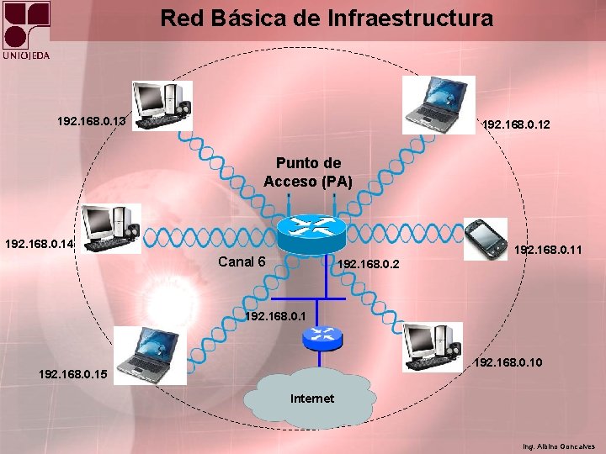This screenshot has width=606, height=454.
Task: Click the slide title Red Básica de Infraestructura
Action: [x=327, y=18]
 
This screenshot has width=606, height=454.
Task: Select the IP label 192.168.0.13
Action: [x=92, y=121]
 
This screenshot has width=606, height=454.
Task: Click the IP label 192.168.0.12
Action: [x=515, y=125]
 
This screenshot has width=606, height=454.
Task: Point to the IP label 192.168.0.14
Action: [x=40, y=245]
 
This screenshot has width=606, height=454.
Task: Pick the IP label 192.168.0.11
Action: [x=548, y=250]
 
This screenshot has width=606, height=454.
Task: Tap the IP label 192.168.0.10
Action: [x=508, y=363]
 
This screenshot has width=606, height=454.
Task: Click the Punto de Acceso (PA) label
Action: [x=308, y=172]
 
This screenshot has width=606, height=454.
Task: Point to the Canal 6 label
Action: [x=242, y=261]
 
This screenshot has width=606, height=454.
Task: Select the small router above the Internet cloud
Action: [x=322, y=337]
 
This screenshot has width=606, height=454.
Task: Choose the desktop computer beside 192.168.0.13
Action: [x=162, y=105]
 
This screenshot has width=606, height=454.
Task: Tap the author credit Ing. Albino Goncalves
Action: [x=558, y=446]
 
